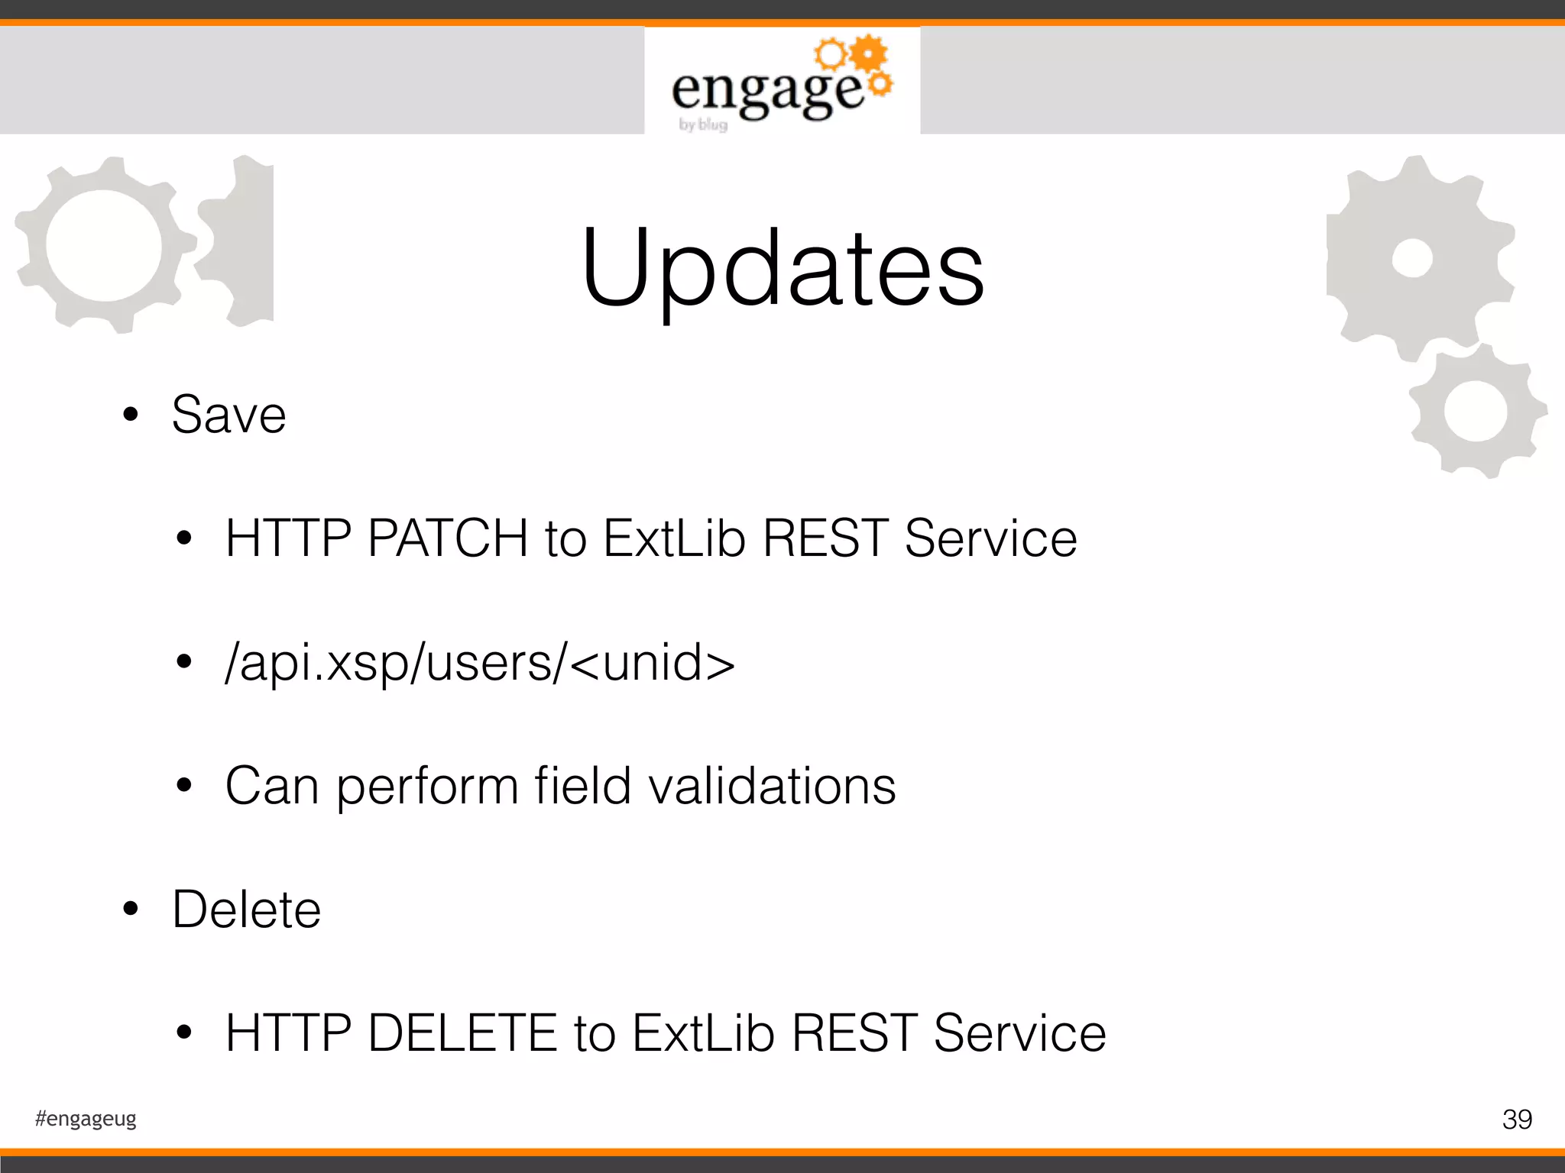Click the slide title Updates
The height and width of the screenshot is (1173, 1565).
tap(782, 269)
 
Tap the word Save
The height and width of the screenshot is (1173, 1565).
tap(228, 415)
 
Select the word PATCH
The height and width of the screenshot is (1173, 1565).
tap(447, 538)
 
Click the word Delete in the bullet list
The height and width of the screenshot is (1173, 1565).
tap(246, 910)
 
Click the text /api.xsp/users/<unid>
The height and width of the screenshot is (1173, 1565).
tap(480, 662)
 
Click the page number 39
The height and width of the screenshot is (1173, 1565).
tap(1517, 1120)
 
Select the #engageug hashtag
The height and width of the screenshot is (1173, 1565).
tap(86, 1119)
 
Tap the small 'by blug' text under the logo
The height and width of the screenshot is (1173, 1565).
tap(703, 124)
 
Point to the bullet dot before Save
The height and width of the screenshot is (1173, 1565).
tap(131, 415)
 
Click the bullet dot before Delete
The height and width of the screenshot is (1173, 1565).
tap(131, 909)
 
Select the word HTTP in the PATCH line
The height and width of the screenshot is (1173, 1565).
tap(288, 538)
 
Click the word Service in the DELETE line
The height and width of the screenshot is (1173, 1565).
tap(1019, 1033)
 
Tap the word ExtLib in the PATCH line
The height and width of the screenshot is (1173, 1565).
tap(674, 538)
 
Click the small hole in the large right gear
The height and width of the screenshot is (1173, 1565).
tap(1411, 258)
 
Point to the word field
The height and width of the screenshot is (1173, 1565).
tap(582, 786)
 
